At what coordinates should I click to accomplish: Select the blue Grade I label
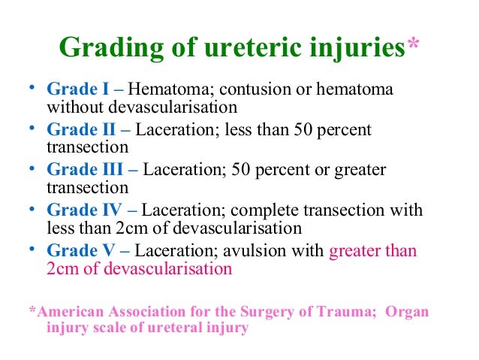click(x=79, y=89)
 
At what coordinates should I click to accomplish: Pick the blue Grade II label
click(x=83, y=129)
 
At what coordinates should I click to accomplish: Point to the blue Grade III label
click(x=86, y=169)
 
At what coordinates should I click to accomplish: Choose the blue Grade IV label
click(x=86, y=210)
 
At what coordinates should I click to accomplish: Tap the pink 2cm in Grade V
click(x=62, y=268)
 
